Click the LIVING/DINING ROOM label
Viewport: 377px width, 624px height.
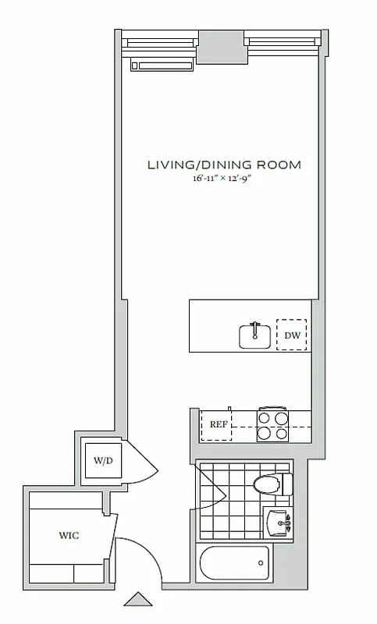tap(224, 165)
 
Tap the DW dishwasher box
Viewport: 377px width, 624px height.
tap(292, 335)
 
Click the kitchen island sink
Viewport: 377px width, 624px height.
tap(255, 336)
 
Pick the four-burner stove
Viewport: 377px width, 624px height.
tap(273, 425)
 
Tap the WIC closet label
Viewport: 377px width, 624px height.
tap(69, 536)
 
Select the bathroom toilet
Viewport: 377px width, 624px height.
tap(270, 484)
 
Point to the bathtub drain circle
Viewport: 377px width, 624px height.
tap(261, 562)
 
